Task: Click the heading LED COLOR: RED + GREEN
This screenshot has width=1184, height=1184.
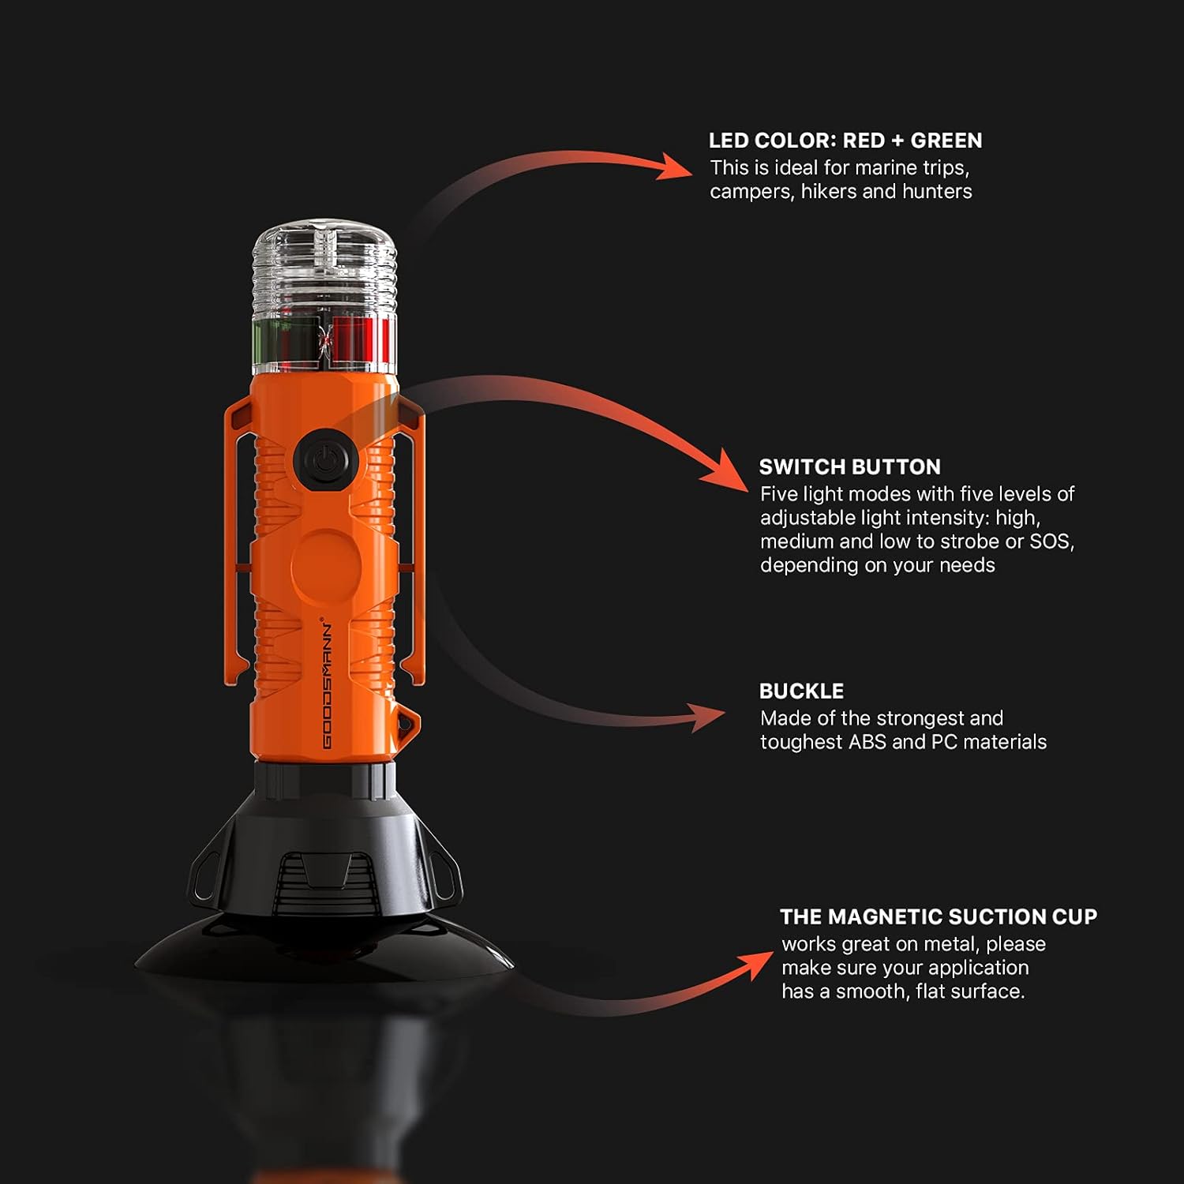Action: click(x=845, y=141)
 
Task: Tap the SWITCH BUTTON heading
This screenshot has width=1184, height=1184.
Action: click(x=849, y=466)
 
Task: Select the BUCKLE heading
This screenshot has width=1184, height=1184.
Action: click(x=801, y=691)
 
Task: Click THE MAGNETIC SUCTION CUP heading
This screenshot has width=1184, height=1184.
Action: click(x=938, y=916)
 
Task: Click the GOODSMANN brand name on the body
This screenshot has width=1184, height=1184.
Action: click(x=327, y=684)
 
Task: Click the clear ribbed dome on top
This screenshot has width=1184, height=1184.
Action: click(x=324, y=268)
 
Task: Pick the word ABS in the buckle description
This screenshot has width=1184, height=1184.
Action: click(x=867, y=742)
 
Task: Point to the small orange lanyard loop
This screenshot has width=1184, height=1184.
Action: click(x=408, y=721)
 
